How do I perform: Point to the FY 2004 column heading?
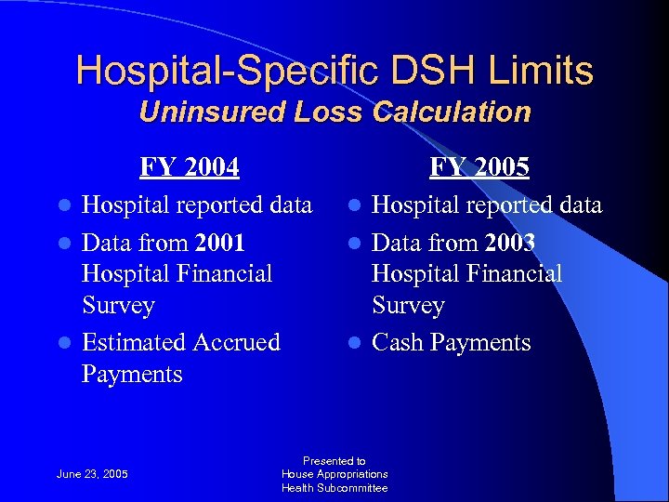click(190, 167)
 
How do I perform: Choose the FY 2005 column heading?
click(479, 167)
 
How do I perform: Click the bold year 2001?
click(220, 243)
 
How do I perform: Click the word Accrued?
click(236, 342)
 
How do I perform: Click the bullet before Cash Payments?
click(358, 343)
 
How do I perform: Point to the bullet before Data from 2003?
click(358, 244)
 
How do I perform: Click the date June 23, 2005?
click(92, 475)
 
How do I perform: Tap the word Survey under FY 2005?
click(408, 305)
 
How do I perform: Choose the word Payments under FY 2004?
click(132, 374)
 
